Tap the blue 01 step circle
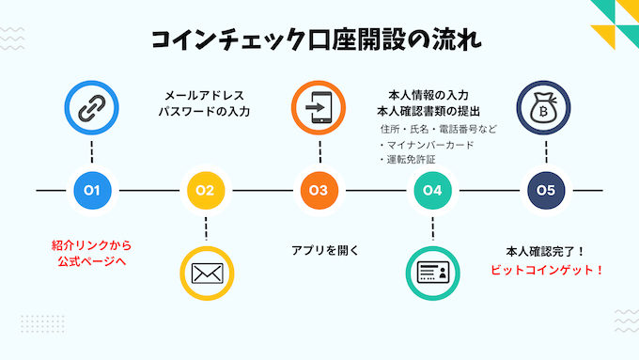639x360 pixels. pos(92,190)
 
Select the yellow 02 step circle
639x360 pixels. pos(205,190)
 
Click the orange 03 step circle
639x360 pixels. pos(319,190)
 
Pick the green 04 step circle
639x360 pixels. pos(432,190)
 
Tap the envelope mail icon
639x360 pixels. pos(205,273)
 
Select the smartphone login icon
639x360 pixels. pos(318,109)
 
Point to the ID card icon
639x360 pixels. pos(432,273)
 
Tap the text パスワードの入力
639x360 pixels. pos(205,112)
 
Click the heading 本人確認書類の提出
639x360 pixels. pos(434,112)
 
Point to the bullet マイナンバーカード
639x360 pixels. pos(426,145)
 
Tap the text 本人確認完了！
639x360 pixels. pos(546,251)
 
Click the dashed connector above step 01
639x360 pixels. pos(92,153)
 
